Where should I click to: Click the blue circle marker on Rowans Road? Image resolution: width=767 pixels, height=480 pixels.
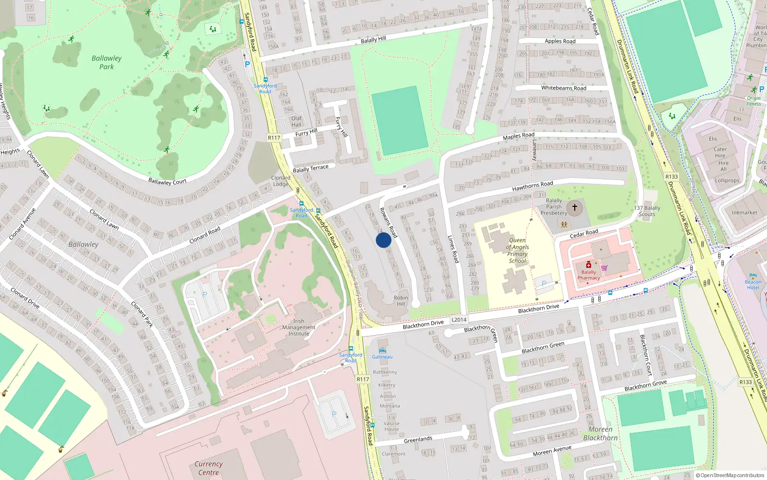point(383,240)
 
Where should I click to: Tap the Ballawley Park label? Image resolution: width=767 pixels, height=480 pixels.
point(106,62)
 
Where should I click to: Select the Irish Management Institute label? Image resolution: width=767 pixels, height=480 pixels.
point(299,327)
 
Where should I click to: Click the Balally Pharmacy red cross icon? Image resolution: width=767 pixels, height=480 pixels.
point(589,265)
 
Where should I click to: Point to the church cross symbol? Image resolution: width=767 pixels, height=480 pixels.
point(575,207)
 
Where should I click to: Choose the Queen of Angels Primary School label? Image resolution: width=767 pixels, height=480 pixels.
point(517,251)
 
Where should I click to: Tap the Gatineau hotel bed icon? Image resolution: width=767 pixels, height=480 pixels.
point(382,350)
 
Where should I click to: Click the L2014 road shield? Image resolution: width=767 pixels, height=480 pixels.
point(459,320)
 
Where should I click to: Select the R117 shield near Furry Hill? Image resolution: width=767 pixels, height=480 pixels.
point(274,138)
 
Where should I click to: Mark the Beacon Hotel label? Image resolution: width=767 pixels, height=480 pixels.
point(753,285)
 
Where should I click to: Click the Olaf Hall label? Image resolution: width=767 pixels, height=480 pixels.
point(296,121)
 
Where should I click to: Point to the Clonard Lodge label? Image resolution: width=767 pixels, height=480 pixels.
point(281,180)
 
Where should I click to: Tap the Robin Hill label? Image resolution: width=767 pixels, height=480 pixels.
point(401,300)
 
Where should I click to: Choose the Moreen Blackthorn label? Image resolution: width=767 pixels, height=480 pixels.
point(600,433)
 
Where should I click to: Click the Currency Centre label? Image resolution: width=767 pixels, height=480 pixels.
point(209,468)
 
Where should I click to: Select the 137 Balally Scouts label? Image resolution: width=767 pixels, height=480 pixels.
point(647,211)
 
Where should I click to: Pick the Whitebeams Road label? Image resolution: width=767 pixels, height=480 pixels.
point(564,88)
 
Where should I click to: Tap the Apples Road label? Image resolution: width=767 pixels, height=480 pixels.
point(560,41)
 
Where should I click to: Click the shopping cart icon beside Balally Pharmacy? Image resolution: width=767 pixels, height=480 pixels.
point(604,268)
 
